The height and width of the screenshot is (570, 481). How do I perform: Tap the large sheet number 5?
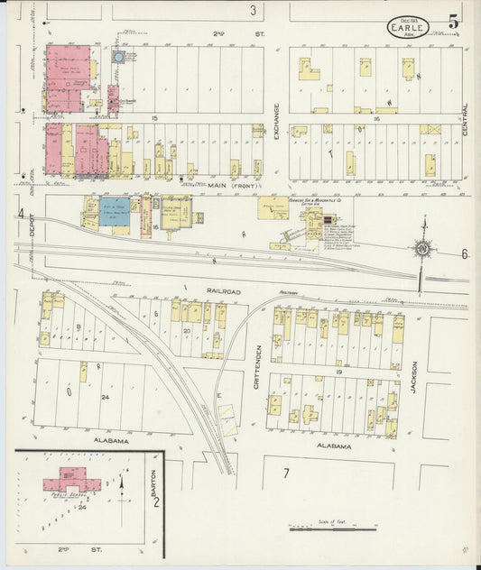coord(452,21)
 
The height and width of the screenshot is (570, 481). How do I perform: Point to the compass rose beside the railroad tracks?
coord(421,249)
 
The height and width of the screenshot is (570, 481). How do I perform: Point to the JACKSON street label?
coord(415,379)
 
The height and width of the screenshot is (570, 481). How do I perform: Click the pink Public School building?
coord(69,479)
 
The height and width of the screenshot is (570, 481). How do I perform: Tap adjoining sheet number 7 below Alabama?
coord(285,473)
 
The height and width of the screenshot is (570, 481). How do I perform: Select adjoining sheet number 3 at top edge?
coord(253,11)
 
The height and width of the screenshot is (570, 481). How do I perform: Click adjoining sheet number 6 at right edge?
coord(465,254)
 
